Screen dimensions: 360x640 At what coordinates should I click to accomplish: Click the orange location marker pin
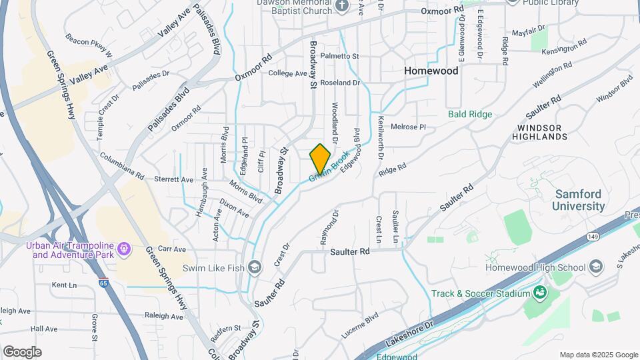click(x=320, y=158)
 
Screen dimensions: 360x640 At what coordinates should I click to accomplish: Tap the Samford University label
click(x=579, y=200)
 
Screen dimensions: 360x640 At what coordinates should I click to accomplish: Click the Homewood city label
click(x=431, y=71)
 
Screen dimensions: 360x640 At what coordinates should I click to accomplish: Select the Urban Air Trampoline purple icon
click(x=123, y=250)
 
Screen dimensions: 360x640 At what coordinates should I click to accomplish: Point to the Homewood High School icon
click(x=596, y=267)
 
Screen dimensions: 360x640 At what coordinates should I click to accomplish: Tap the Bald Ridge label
click(x=470, y=115)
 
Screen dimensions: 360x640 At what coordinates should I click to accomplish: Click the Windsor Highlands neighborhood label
click(x=540, y=131)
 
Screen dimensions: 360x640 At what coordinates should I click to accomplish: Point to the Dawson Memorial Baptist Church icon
click(x=342, y=7)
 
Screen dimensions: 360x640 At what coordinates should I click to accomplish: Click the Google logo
click(x=22, y=351)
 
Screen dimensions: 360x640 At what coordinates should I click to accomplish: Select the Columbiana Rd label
click(x=122, y=167)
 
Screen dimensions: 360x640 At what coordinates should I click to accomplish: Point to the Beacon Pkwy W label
click(x=89, y=47)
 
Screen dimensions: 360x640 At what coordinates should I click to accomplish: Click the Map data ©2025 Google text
click(x=599, y=355)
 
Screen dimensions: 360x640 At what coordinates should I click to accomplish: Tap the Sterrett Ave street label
click(x=173, y=179)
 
